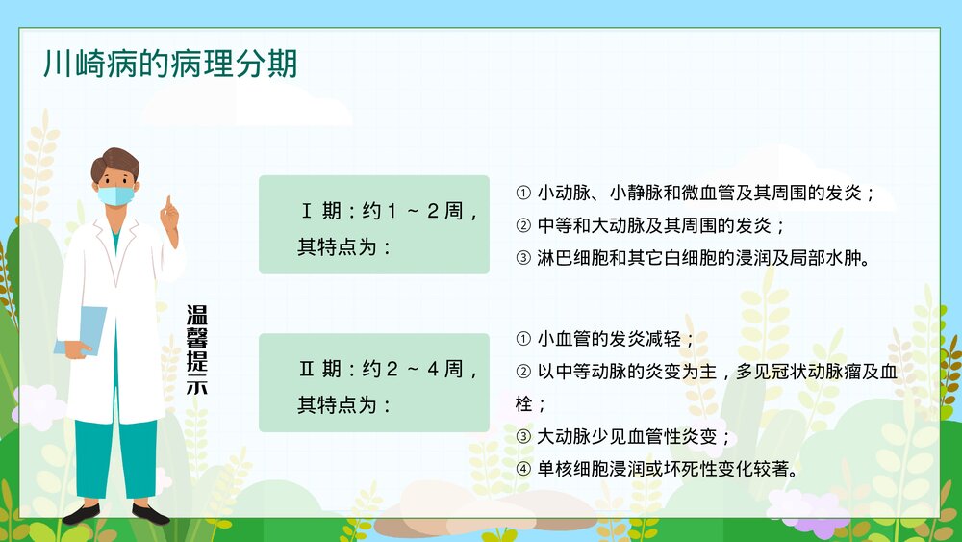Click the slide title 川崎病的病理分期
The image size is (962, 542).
[170, 64]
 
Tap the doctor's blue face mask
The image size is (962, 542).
[117, 194]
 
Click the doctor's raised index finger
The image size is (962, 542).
[169, 204]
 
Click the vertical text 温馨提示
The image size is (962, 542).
[196, 350]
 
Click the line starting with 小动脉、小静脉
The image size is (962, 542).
[696, 193]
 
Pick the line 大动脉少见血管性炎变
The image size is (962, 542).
[625, 437]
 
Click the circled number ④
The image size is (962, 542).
[523, 470]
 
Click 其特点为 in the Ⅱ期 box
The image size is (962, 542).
[343, 404]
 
